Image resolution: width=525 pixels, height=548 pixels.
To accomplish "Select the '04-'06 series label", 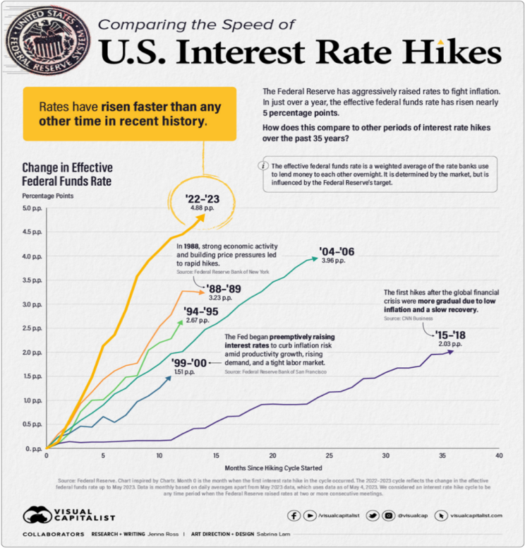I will [332, 250].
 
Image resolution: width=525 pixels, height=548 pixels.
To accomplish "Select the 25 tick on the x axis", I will [329, 456].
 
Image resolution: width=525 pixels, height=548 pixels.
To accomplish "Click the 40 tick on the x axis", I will [499, 456].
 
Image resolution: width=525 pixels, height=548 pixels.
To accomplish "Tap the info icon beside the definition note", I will [263, 165].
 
